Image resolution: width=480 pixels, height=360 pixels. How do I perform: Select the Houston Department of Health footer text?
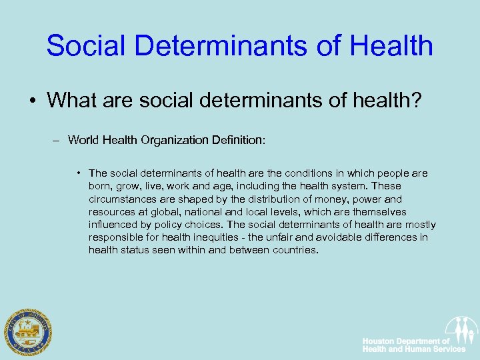tap(413, 345)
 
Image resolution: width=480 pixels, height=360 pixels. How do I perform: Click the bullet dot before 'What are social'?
tap(32, 101)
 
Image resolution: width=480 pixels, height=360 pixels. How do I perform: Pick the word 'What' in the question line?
tap(68, 101)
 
